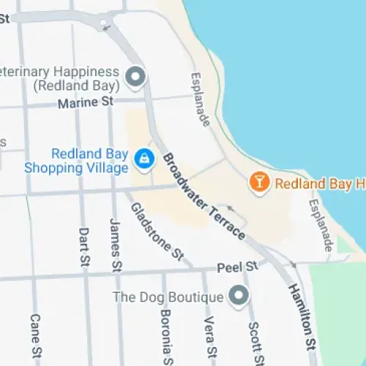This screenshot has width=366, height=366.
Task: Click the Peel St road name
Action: pyautogui.click(x=242, y=265)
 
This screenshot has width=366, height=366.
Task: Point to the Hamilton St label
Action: pyautogui.click(x=302, y=315)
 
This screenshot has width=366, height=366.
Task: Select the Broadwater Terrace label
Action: pyautogui.click(x=204, y=195)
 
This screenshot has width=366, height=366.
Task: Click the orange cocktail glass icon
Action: pyautogui.click(x=258, y=181)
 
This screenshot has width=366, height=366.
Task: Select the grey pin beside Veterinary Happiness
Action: pyautogui.click(x=135, y=75)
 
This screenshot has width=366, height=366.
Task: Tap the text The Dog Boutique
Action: pyautogui.click(x=167, y=297)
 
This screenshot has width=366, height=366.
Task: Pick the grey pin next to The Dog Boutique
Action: pyautogui.click(x=237, y=296)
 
